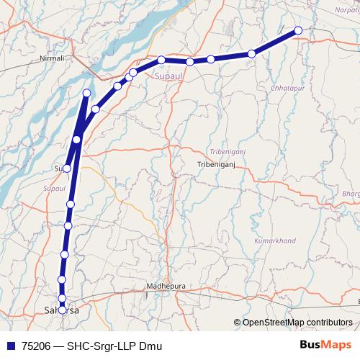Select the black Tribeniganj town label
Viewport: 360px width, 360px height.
tap(216, 164)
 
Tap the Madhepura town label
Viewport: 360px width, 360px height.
tap(166, 286)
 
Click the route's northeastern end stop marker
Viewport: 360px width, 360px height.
tap(298, 30)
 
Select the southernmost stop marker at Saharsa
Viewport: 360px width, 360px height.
tap(63, 310)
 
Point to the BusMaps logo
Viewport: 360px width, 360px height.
tap(325, 344)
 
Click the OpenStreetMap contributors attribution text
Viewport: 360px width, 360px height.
tap(297, 323)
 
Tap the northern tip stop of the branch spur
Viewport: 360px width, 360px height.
tap(87, 92)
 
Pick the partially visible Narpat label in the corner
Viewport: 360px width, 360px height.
tap(346, 9)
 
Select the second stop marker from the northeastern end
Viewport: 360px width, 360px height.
tap(252, 54)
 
